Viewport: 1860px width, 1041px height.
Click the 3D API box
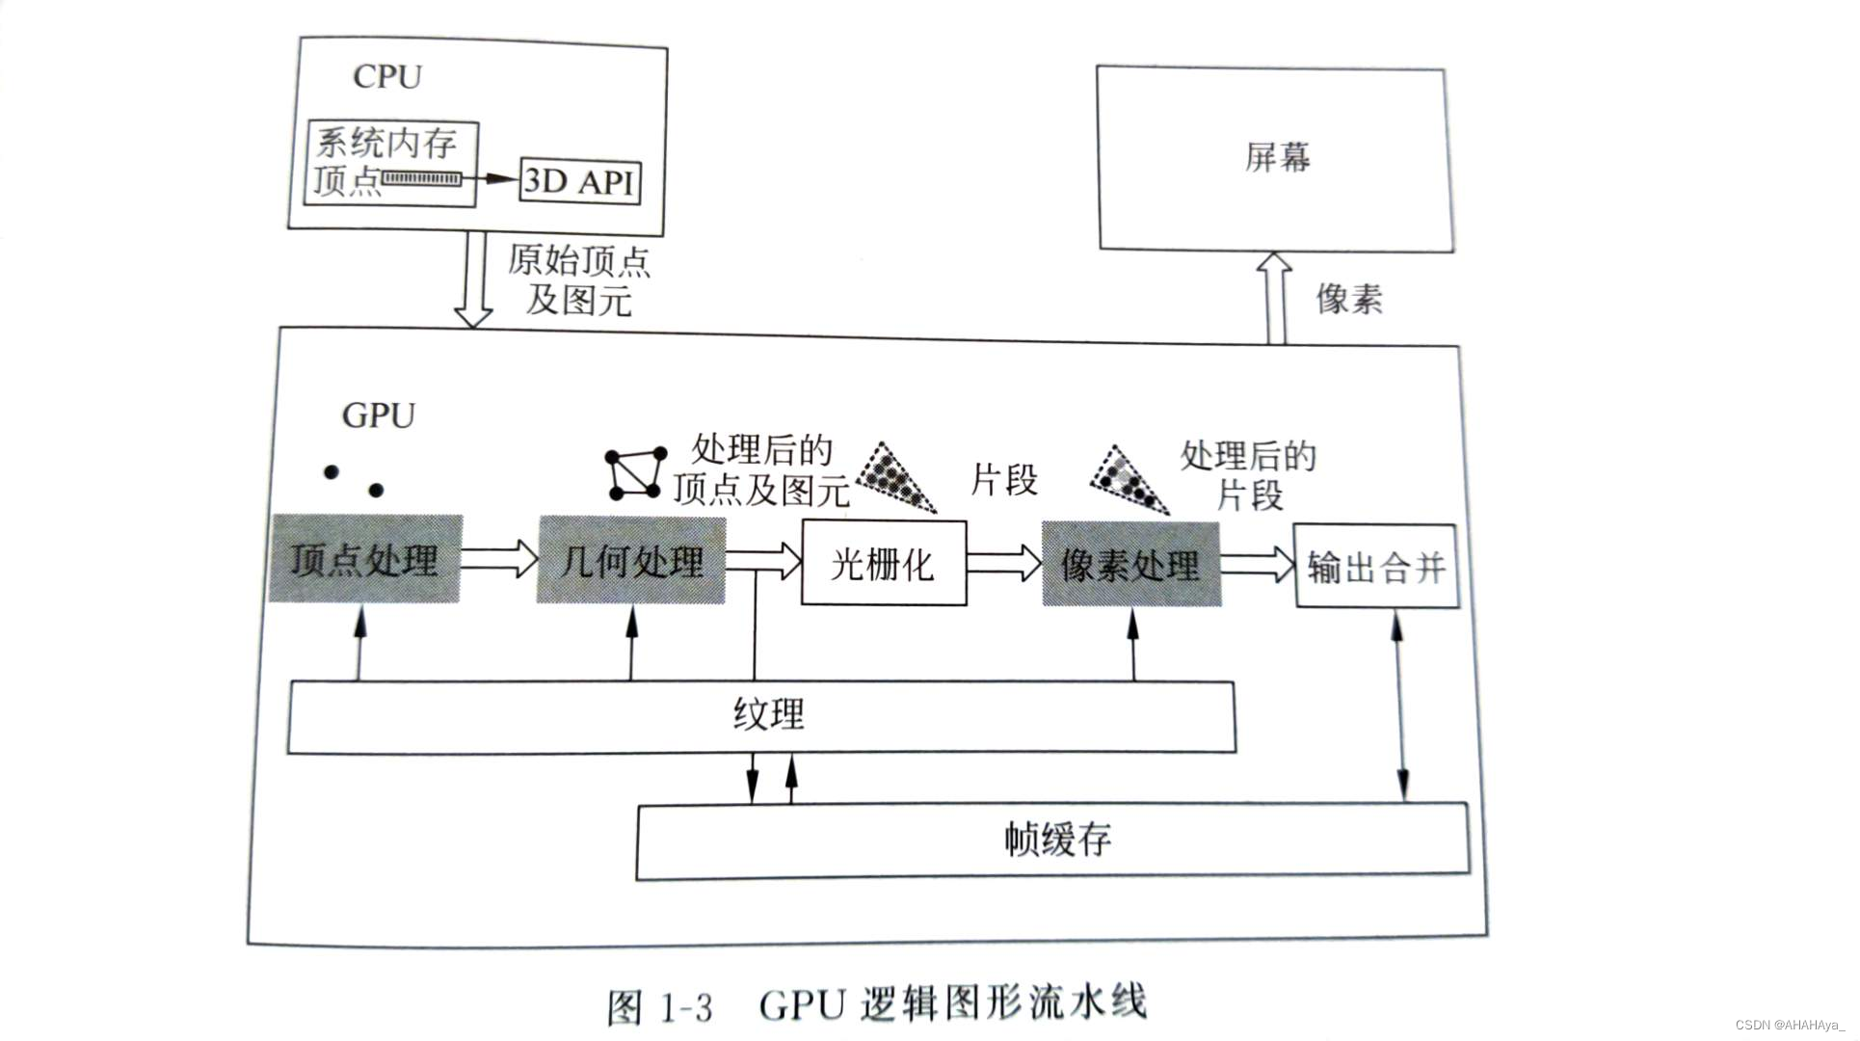tap(579, 180)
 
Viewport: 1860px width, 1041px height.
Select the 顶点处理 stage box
tap(365, 559)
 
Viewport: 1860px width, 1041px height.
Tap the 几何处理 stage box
tap(631, 561)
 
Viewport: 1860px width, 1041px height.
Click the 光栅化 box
tap(884, 564)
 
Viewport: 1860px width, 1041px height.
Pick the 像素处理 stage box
tap(1130, 565)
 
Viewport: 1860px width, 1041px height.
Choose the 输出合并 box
tap(1375, 567)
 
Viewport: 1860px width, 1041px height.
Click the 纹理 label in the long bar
tap(768, 715)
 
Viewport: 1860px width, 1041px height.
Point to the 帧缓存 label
tap(1057, 840)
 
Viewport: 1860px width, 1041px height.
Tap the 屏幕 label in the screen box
tap(1277, 157)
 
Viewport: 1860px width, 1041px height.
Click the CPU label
tap(387, 77)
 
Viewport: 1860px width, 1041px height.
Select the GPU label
tap(379, 415)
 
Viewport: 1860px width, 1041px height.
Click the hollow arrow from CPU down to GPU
tap(473, 280)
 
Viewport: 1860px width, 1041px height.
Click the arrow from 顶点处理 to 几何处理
tap(498, 558)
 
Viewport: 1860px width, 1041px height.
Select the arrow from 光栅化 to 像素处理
tap(1004, 563)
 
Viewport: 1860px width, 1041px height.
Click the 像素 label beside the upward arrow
tap(1349, 299)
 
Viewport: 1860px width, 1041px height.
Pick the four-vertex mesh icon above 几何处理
tap(636, 472)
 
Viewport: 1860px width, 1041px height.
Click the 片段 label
tap(1004, 479)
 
